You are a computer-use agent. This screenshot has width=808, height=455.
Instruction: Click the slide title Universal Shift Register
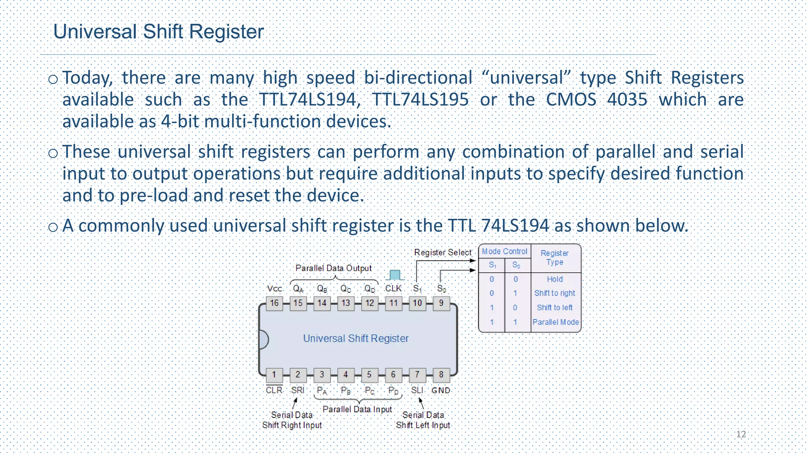(158, 32)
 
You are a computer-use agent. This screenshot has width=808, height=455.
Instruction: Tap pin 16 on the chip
(274, 303)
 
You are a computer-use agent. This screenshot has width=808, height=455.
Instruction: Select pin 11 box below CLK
(393, 303)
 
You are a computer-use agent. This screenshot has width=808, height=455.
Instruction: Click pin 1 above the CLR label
(274, 374)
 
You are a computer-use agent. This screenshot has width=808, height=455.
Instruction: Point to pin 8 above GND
(441, 374)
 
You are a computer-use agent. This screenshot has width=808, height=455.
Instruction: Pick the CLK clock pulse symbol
(395, 275)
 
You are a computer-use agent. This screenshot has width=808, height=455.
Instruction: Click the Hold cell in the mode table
(555, 279)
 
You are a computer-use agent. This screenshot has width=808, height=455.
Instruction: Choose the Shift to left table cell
(554, 308)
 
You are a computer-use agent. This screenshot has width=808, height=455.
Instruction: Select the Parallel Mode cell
(555, 322)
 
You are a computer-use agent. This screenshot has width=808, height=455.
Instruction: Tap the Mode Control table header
(504, 252)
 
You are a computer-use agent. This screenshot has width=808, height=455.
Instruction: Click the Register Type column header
(554, 258)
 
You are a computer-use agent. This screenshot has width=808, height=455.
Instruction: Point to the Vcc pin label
(274, 289)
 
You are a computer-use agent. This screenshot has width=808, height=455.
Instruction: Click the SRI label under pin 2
(297, 390)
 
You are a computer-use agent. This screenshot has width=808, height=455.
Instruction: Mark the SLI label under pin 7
(417, 390)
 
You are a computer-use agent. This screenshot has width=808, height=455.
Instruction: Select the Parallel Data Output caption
(333, 268)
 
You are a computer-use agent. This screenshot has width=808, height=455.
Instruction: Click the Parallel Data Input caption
(357, 409)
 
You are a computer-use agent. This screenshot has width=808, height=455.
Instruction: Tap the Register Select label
(443, 252)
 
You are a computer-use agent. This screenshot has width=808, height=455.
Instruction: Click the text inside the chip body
(355, 338)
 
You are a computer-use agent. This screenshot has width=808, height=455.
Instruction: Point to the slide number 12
(741, 434)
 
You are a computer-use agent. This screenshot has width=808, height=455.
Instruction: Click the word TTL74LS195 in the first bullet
(420, 100)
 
